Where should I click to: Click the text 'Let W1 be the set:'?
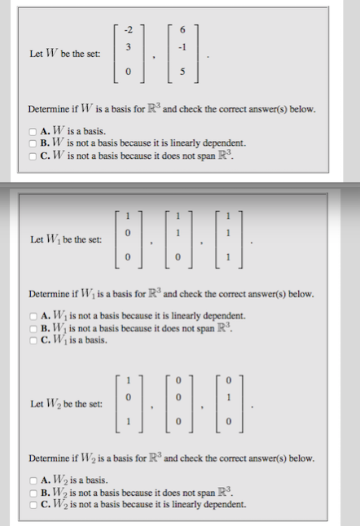coord(66,241)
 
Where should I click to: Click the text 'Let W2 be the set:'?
coord(66,404)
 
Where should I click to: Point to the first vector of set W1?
coord(127,241)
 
